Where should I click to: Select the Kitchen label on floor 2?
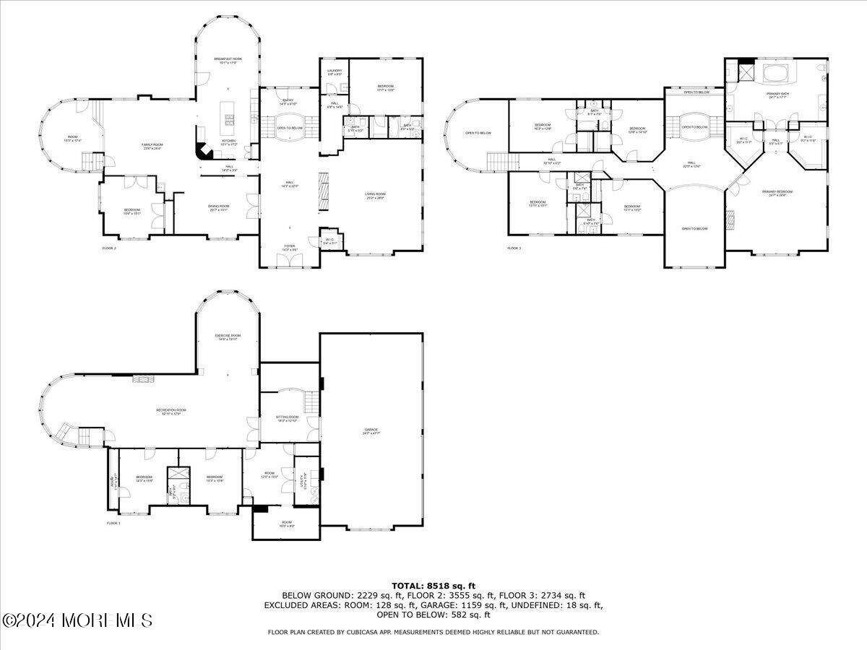point(228,142)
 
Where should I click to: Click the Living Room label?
point(374,196)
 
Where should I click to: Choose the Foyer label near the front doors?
point(289,247)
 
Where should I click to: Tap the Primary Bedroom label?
point(777,193)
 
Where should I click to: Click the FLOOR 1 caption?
point(114,523)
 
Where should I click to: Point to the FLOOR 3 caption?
point(514,248)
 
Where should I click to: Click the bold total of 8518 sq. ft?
point(433,586)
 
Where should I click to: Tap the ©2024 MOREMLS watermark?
point(77,620)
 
